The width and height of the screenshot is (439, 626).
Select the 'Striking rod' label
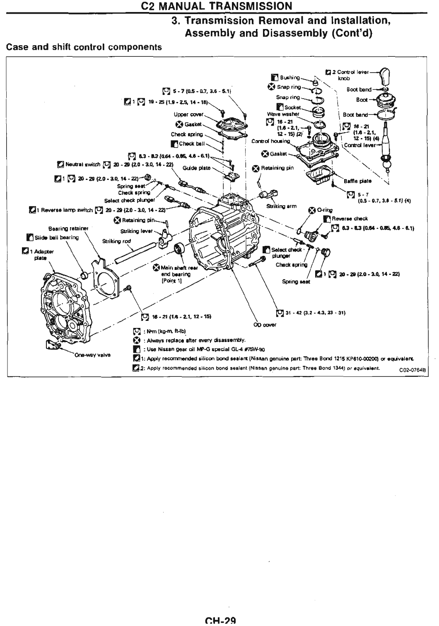[x=114, y=241]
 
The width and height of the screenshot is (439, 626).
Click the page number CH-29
[x=219, y=621]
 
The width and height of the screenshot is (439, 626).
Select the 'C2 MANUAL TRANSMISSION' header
[x=219, y=6]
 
